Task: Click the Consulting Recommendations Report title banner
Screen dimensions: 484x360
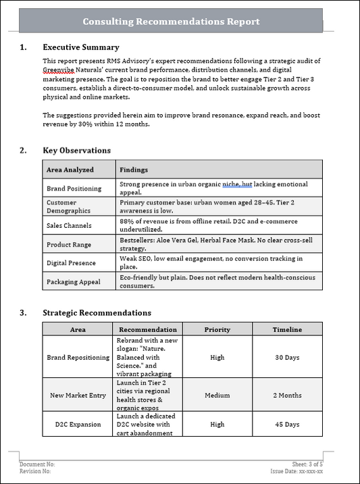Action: [x=171, y=22]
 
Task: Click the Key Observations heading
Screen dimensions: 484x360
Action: [x=76, y=151]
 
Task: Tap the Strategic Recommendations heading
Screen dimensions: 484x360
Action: [x=97, y=313]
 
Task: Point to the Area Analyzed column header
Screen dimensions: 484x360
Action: [x=70, y=170]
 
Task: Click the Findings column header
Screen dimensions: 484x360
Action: [x=134, y=170]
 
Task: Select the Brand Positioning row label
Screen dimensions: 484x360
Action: [x=74, y=189]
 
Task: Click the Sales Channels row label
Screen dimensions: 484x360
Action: [x=69, y=225]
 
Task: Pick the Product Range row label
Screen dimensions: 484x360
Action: [x=68, y=244]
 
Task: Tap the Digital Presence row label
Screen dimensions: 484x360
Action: [x=71, y=263]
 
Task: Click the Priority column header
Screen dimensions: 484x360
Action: [x=217, y=330]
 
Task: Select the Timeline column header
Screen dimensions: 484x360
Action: [x=287, y=330]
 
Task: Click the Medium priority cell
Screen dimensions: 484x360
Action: [x=217, y=395]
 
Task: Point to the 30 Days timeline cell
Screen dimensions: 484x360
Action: [x=287, y=358]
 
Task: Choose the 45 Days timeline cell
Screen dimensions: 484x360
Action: [x=287, y=425]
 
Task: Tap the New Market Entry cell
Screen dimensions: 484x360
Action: [x=78, y=395]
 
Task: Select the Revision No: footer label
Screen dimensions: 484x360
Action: [x=36, y=471]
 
